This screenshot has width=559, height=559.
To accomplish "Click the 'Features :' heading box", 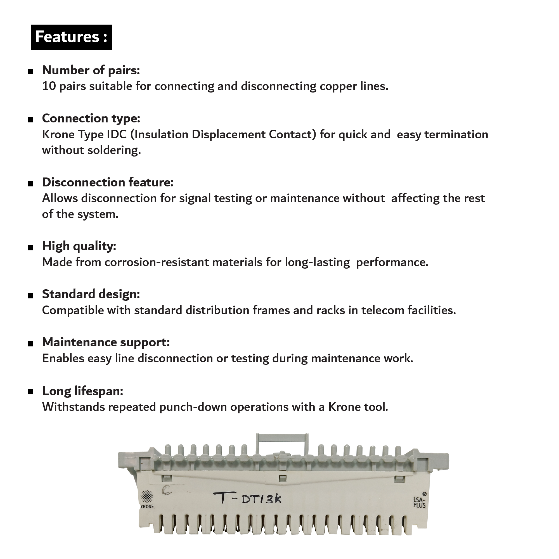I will click(71, 37).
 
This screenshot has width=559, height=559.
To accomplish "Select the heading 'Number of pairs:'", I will click(91, 70).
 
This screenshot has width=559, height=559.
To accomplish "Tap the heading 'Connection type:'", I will click(91, 118).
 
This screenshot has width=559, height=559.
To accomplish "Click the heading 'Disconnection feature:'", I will click(108, 182).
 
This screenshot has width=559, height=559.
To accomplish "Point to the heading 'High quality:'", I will click(79, 246).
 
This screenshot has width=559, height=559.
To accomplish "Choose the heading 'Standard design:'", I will click(91, 294).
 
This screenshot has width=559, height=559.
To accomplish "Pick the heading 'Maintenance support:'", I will click(106, 342).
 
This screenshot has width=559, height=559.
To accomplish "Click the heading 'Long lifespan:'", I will click(82, 391).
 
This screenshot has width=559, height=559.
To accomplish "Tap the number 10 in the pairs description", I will click(49, 86).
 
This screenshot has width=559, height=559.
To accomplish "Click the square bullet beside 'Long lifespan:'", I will click(30, 392).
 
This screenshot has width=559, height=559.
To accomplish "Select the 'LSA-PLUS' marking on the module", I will click(419, 502).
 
